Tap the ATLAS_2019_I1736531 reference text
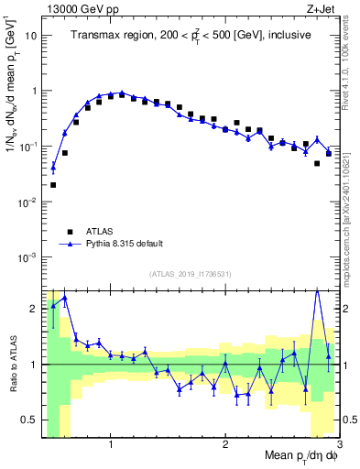pos(191,274)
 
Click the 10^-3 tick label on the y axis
pos(28,257)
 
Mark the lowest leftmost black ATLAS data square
pos(53,185)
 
